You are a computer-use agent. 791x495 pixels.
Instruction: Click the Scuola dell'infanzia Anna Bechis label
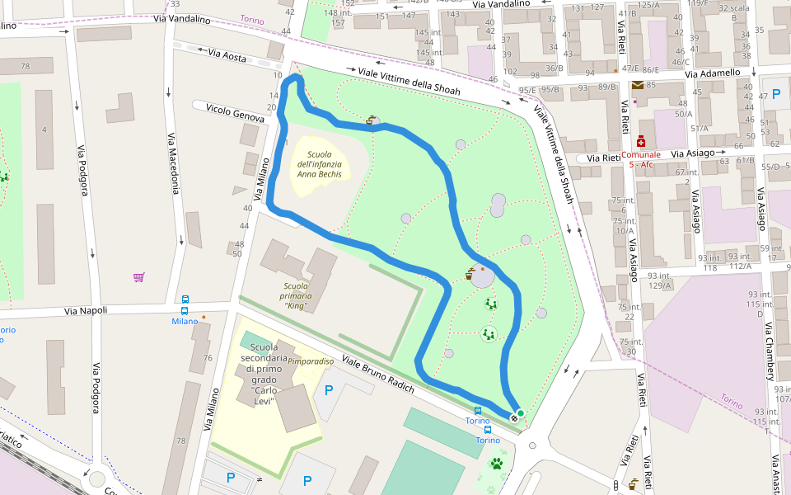point(318,164)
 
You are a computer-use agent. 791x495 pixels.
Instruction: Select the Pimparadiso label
point(311,361)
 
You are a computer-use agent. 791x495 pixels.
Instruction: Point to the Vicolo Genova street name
point(235,113)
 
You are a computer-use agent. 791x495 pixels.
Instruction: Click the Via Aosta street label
point(227,55)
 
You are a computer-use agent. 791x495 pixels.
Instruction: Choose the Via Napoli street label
point(87,312)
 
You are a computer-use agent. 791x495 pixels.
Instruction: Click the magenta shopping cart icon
point(138,277)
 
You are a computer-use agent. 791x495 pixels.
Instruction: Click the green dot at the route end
point(520,412)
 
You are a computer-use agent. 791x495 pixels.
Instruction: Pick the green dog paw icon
point(497,464)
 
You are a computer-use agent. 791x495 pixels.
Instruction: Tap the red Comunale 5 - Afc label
point(641,159)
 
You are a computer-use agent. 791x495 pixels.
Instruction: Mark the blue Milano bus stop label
point(185,321)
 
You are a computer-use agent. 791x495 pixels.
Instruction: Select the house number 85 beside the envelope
point(651,85)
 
